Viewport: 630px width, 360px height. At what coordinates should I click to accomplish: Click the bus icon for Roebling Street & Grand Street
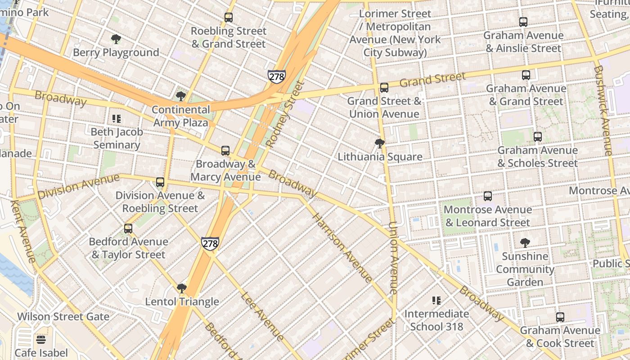[x=229, y=18]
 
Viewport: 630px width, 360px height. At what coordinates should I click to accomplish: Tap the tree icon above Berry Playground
[x=116, y=39]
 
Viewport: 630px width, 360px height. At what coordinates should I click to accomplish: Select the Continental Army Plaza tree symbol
[x=181, y=96]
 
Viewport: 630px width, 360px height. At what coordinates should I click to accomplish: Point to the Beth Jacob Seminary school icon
[x=117, y=119]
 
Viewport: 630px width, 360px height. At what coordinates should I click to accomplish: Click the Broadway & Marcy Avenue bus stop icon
[x=225, y=151]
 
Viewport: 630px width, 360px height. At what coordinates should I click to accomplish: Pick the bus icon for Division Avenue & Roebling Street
[x=160, y=182]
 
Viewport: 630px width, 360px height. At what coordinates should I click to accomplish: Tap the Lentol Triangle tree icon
[x=182, y=288]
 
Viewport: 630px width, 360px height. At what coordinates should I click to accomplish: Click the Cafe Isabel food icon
[x=41, y=339]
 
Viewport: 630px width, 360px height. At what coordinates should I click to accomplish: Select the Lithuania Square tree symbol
[x=380, y=144]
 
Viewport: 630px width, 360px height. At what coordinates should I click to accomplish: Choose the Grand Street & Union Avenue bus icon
[x=384, y=88]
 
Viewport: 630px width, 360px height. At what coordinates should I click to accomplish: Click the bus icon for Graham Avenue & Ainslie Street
[x=523, y=22]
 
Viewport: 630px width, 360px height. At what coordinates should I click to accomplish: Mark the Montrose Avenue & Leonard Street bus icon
[x=488, y=196]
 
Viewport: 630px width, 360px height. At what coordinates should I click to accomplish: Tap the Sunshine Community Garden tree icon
[x=525, y=243]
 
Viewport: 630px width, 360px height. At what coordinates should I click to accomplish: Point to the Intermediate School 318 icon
[x=436, y=300]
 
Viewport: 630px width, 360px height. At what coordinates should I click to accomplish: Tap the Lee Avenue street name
[x=262, y=316]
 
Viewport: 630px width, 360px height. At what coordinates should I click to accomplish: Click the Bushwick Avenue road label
[x=603, y=111]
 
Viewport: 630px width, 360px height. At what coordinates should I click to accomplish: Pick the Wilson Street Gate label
[x=63, y=317]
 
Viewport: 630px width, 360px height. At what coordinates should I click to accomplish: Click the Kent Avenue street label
[x=22, y=231]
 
